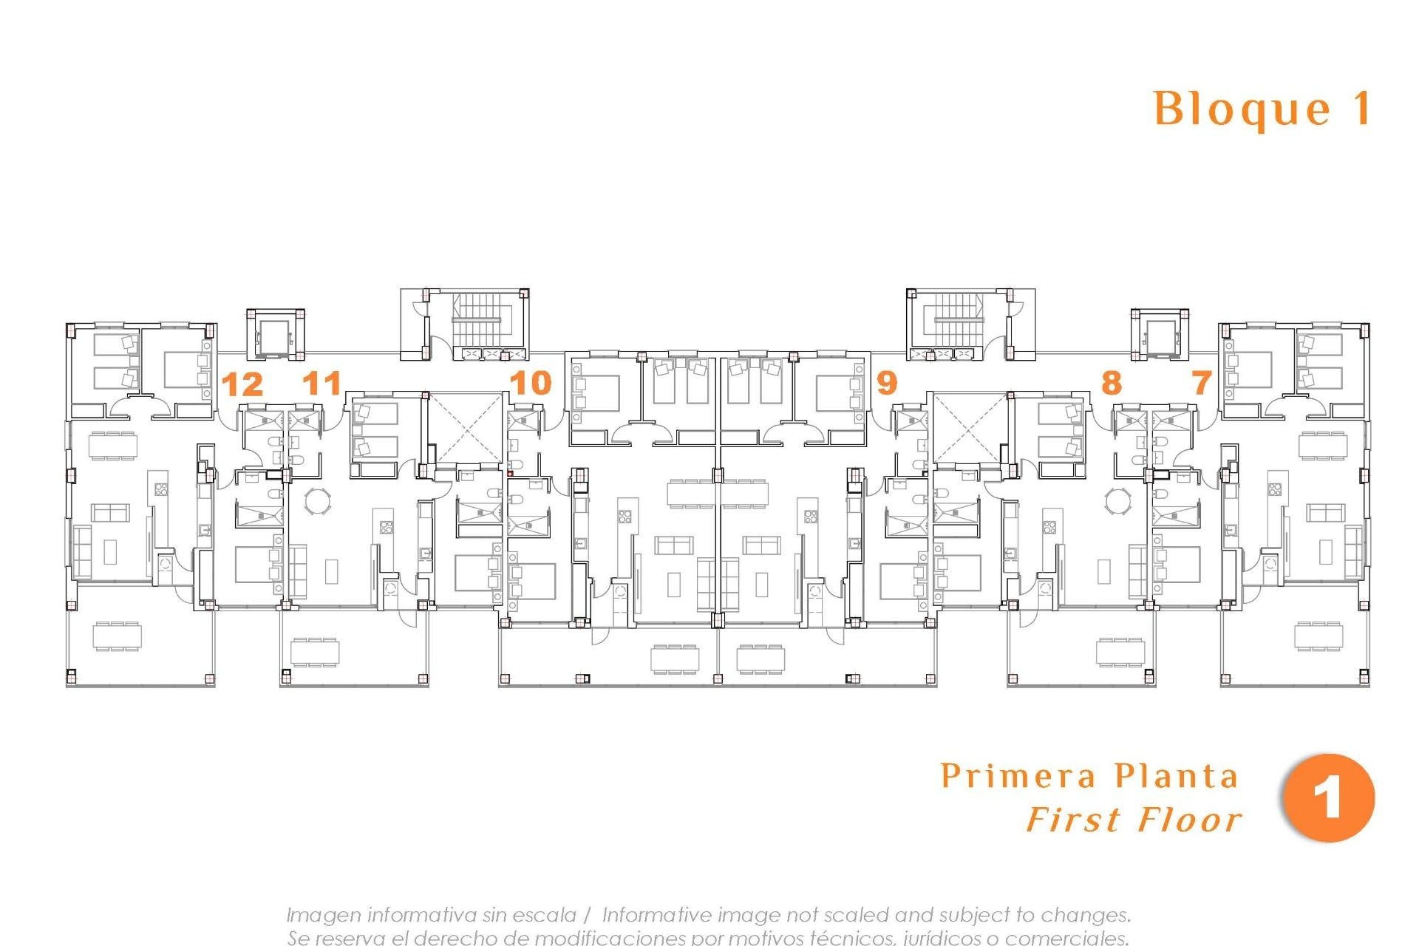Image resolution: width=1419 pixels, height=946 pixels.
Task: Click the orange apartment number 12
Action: pos(242,384)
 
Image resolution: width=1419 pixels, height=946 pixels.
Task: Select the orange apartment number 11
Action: pos(322,384)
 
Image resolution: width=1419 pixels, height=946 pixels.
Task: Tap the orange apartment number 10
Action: pos(531,383)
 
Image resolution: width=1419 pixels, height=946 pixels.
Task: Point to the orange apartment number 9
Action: pos(886,383)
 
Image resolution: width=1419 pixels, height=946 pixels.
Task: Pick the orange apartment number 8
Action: pos(1111,383)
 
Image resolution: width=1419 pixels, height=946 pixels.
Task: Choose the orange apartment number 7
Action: pos(1202,383)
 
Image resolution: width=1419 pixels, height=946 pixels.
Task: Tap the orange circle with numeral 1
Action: pos(1328,798)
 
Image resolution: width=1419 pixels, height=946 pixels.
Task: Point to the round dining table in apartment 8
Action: pos(1116,500)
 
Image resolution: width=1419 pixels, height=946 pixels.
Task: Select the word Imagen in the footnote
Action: pos(323,915)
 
